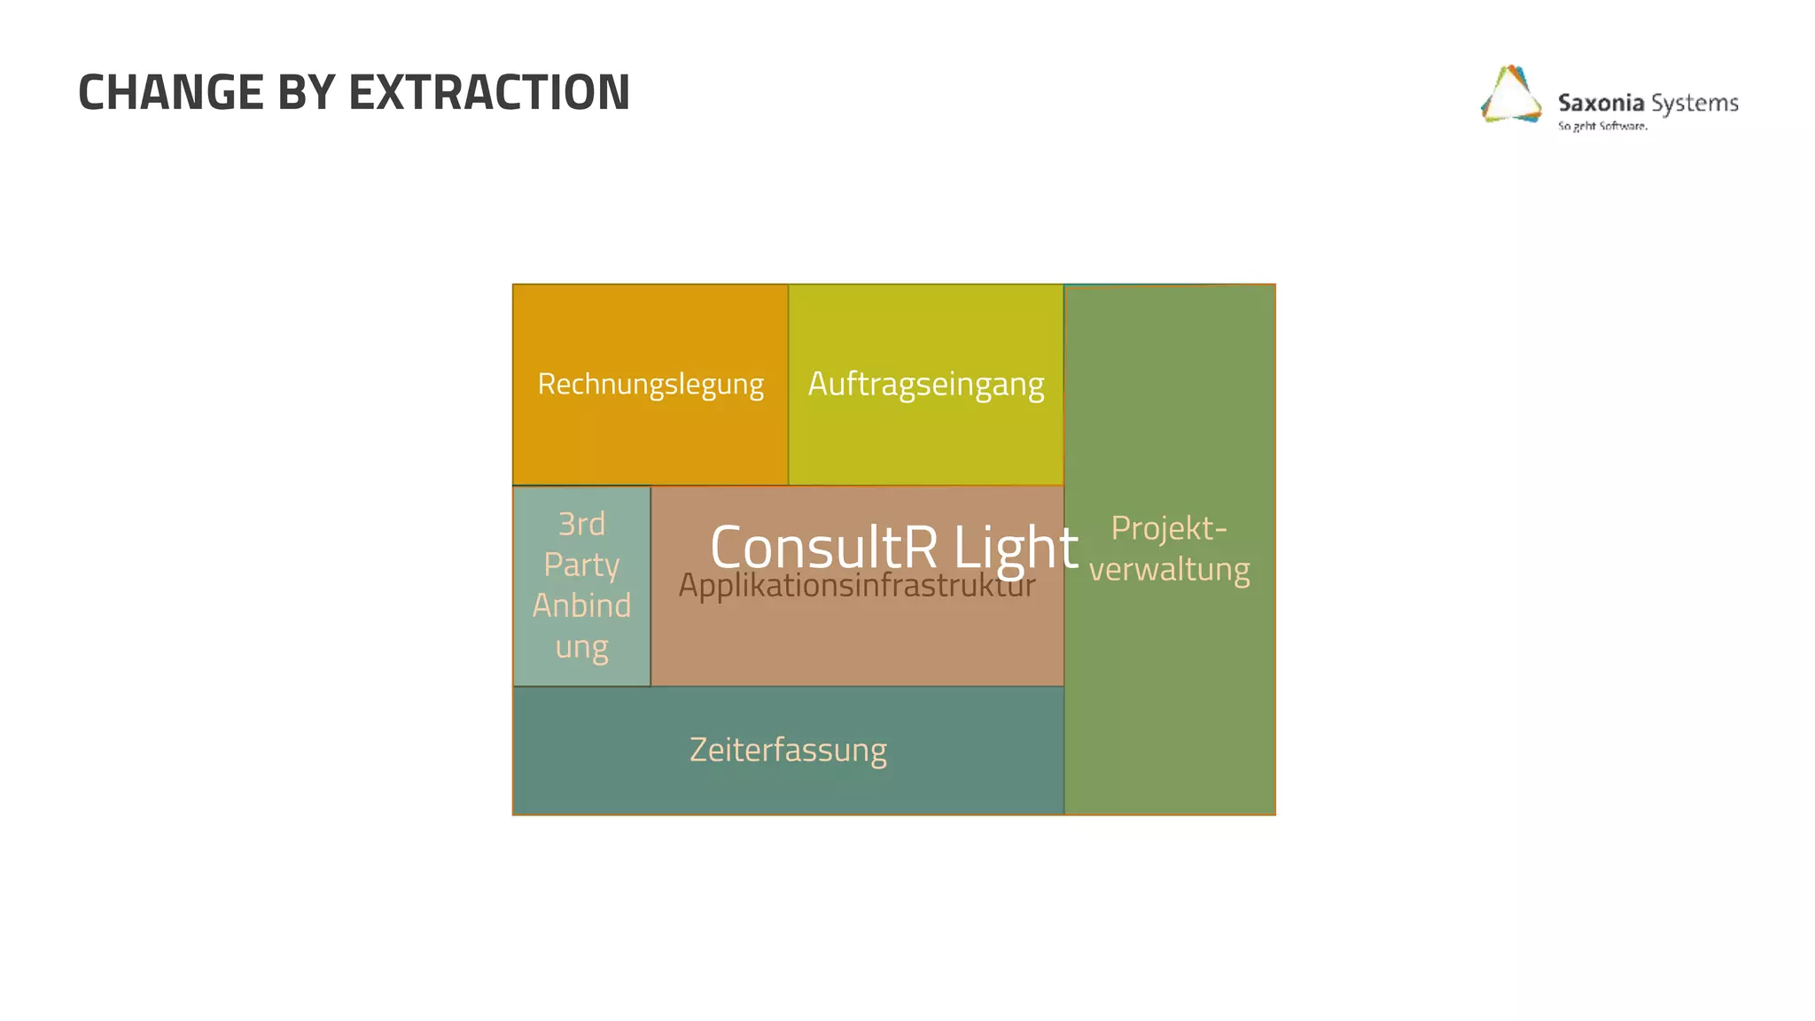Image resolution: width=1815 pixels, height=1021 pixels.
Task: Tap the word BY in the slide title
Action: coord(307,92)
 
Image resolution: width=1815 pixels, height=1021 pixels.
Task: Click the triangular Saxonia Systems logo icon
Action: coord(1510,95)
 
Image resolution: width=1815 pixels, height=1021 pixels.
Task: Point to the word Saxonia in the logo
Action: coord(1601,103)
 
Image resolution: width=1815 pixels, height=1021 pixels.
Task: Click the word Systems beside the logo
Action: coord(1694,104)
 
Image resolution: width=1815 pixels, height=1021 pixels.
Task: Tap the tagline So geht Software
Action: coord(1602,126)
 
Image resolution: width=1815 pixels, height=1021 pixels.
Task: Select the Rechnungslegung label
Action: coord(650,385)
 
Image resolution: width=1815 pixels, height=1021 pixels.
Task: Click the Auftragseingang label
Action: coord(926,385)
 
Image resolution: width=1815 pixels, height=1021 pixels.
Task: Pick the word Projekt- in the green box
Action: coord(1169,528)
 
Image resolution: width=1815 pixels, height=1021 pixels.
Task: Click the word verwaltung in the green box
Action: coord(1169,569)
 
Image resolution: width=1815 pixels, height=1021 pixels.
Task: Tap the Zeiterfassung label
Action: coord(788,750)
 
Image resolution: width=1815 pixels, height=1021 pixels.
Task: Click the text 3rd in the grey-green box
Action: coord(581,524)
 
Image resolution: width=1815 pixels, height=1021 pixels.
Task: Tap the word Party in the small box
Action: coord(581,565)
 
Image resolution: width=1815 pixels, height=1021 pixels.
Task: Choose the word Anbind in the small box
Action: coord(581,605)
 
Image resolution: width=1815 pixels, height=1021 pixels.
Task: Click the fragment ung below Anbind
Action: coord(581,647)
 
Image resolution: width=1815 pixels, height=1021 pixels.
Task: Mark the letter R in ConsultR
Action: coord(921,547)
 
